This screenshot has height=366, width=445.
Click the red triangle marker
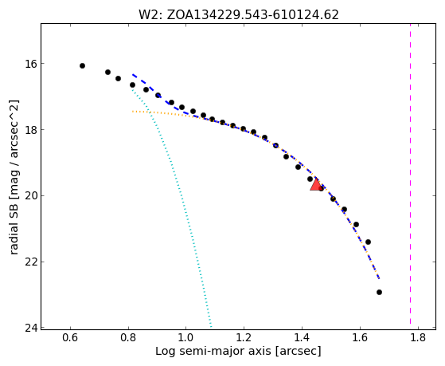[315, 184]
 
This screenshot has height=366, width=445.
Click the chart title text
[238, 15]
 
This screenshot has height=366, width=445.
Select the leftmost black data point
[82, 65]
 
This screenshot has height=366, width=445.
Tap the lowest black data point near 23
[379, 292]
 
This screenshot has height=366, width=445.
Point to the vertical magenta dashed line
[411, 174]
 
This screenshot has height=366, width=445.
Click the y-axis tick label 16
[31, 64]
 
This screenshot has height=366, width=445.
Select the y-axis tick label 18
[31, 130]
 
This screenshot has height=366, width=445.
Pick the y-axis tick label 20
[31, 196]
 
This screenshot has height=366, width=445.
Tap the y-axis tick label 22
[31, 262]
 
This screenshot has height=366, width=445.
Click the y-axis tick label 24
[31, 329]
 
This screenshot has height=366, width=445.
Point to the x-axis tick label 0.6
[70, 337]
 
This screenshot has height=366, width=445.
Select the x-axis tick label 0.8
[128, 337]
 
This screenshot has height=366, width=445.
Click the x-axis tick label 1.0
[185, 337]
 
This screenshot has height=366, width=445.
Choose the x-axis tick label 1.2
[244, 337]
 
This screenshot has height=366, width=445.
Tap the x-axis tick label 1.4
[302, 337]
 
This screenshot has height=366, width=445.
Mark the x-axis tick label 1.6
[360, 337]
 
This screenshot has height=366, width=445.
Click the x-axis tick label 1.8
[418, 337]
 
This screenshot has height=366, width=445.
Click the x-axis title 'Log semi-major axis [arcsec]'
[238, 352]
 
